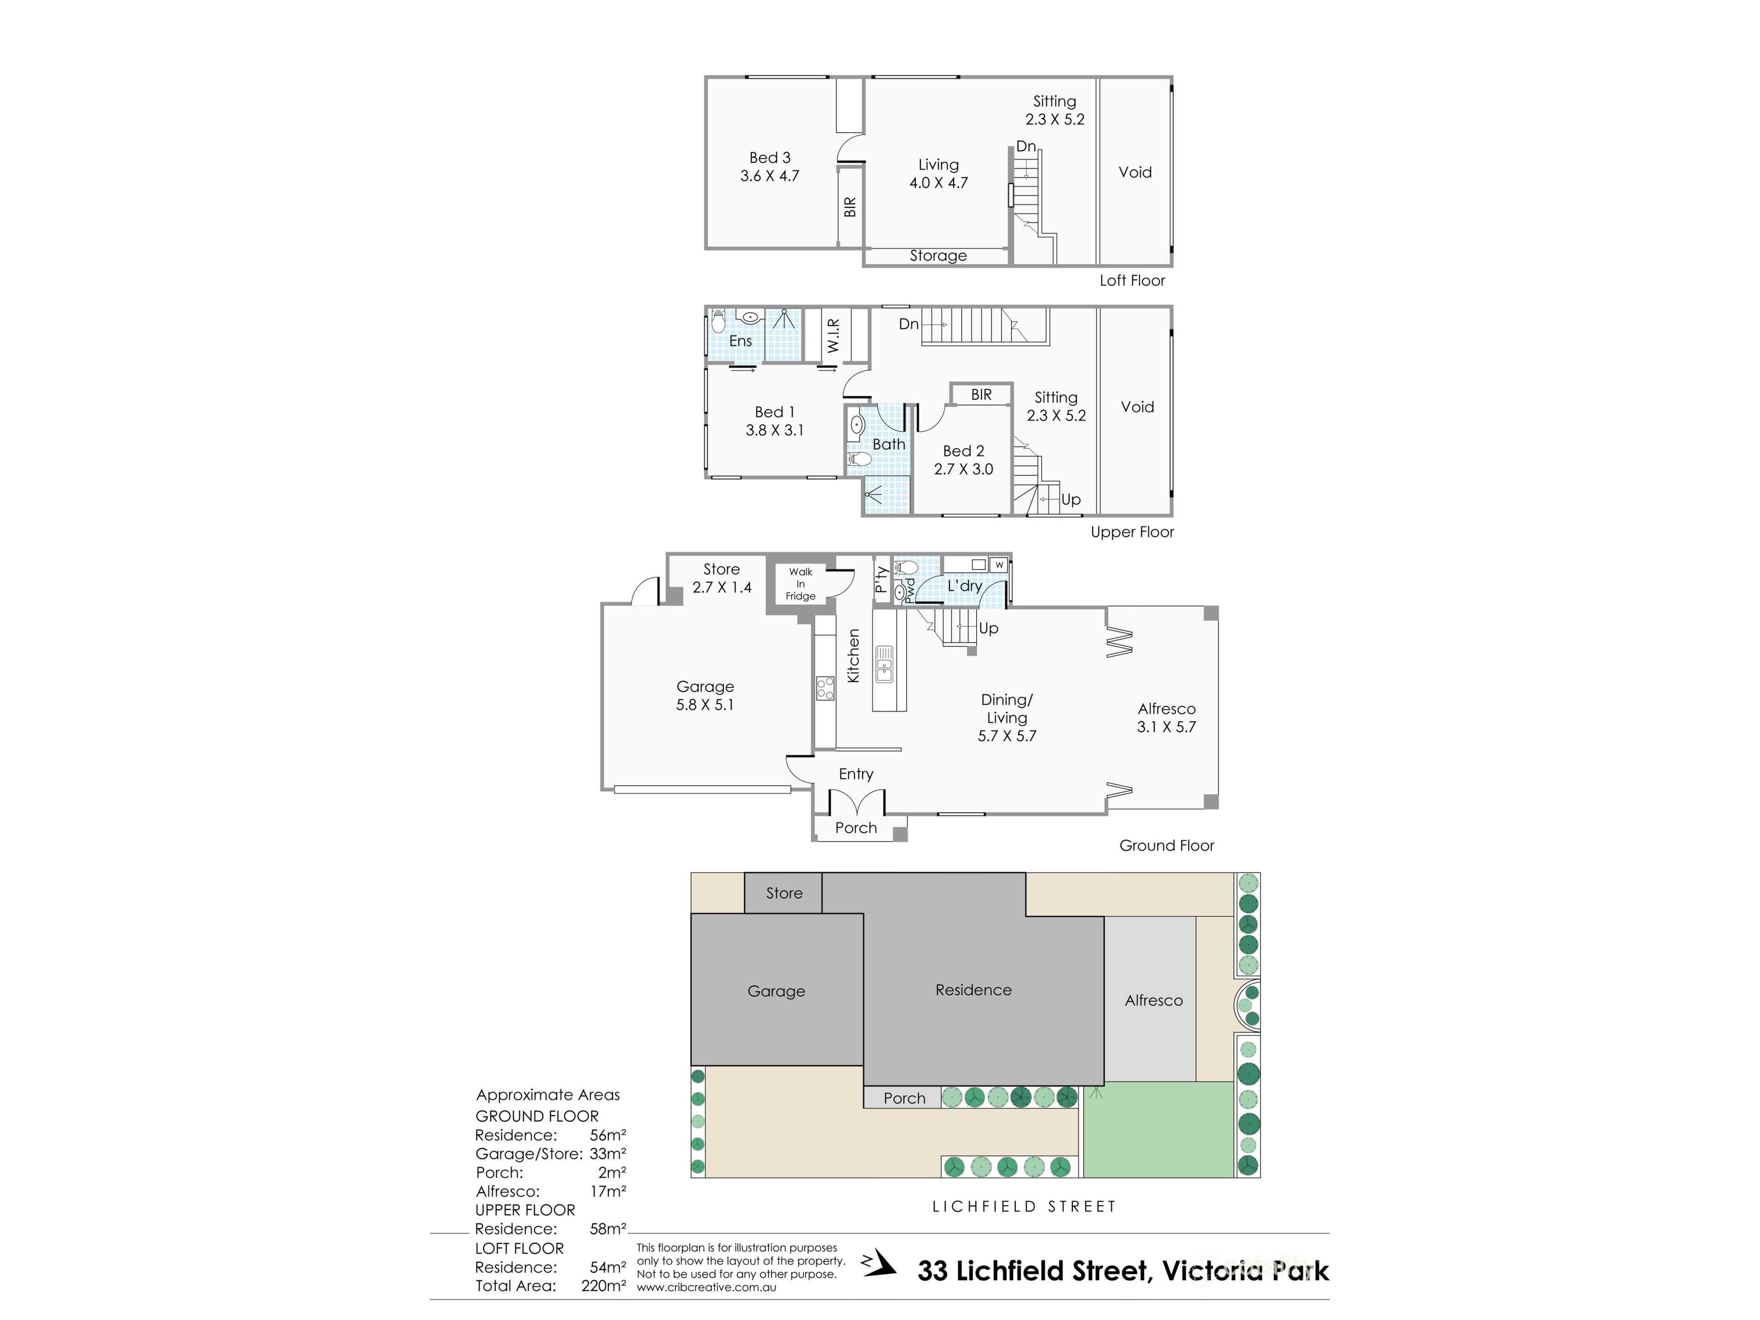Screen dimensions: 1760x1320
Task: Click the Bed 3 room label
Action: (770, 158)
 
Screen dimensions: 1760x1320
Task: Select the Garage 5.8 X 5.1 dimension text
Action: (705, 705)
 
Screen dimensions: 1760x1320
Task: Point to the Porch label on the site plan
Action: (905, 1098)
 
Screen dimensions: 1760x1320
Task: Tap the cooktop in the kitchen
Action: (825, 687)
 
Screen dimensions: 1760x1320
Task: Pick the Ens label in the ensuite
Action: (741, 341)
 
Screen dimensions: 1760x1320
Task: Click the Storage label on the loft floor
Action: (938, 255)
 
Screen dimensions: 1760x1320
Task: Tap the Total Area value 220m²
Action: (603, 1286)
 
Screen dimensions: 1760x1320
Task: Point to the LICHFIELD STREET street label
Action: (1024, 1207)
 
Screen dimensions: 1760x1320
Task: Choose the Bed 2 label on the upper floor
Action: (963, 451)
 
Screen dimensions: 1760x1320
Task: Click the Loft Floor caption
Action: (1132, 280)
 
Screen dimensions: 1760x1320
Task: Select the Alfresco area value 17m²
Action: (608, 1191)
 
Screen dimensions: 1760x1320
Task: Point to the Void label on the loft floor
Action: (1135, 172)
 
